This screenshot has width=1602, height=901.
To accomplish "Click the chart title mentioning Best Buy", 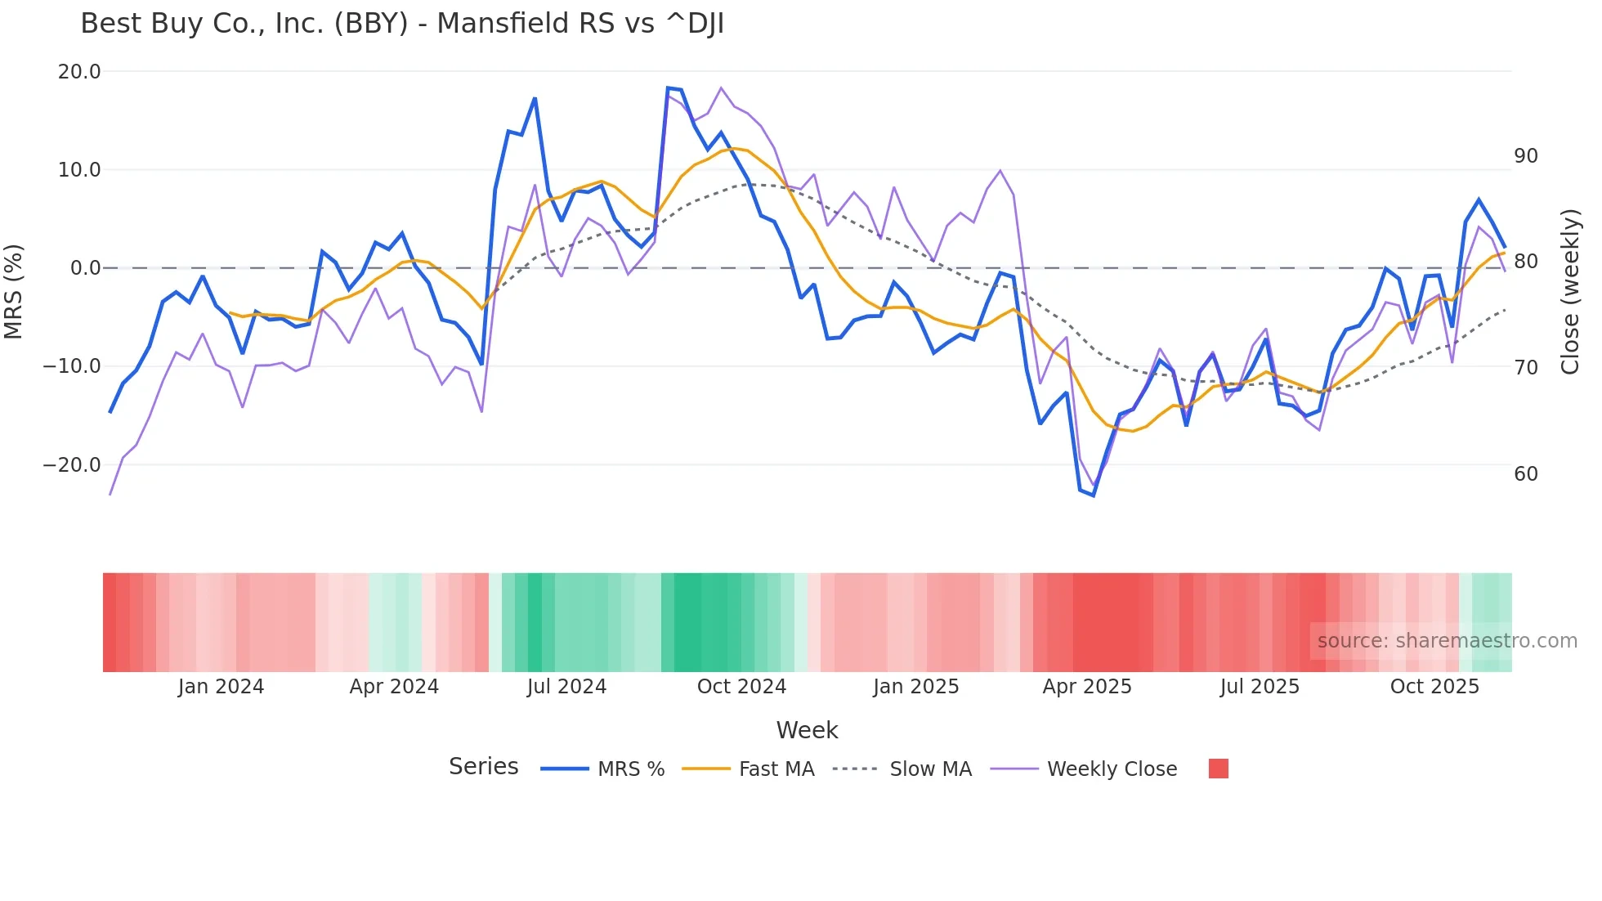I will click(x=402, y=24).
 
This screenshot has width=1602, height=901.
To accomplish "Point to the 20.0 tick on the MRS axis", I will click(x=79, y=72).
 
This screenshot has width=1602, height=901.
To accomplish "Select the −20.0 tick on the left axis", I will click(x=72, y=465).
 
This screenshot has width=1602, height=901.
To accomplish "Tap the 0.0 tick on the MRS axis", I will click(x=85, y=268).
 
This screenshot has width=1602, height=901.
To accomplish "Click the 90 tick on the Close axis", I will click(x=1525, y=156).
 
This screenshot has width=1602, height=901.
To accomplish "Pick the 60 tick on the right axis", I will click(x=1525, y=474).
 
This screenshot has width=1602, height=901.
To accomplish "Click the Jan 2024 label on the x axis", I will click(x=221, y=687).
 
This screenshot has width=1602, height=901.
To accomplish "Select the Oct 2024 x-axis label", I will click(x=741, y=687).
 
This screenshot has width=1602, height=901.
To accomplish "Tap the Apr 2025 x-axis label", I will click(x=1086, y=687).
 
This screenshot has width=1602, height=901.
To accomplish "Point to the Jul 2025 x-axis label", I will click(x=1260, y=687).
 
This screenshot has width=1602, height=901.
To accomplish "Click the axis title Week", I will click(x=807, y=730).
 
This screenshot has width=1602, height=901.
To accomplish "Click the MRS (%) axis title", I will click(x=14, y=292).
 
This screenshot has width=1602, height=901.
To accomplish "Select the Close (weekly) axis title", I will click(x=1569, y=292).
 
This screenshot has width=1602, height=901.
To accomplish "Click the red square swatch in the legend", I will click(x=1218, y=769).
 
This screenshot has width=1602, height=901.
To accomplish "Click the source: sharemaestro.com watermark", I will click(x=1447, y=641).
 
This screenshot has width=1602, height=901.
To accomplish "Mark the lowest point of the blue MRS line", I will click(x=1093, y=495).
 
